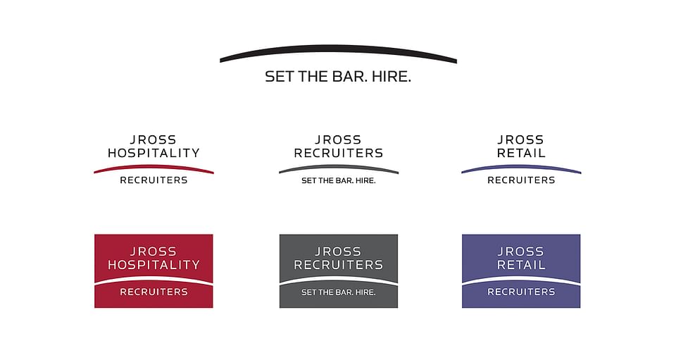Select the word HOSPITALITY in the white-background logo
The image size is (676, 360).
pyautogui.click(x=154, y=153)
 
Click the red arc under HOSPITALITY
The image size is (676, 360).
pyautogui.click(x=154, y=167)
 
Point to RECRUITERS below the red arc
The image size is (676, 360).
pyautogui.click(x=154, y=180)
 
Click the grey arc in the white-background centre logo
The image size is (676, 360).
pyautogui.click(x=339, y=167)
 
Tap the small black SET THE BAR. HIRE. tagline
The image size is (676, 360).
pyautogui.click(x=339, y=180)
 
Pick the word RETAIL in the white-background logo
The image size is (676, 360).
pyautogui.click(x=521, y=153)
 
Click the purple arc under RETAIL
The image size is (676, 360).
pyautogui.click(x=521, y=167)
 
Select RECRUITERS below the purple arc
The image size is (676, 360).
pyautogui.click(x=521, y=180)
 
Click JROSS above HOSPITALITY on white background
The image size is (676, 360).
pyautogui.click(x=154, y=139)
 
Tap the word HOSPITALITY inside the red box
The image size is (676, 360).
pyautogui.click(x=154, y=265)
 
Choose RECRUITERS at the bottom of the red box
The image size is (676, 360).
pyautogui.click(x=154, y=292)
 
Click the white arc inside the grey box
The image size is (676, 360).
pyautogui.click(x=339, y=279)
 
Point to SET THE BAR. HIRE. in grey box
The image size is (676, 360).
pyautogui.click(x=339, y=292)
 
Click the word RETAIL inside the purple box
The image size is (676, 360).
pyautogui.click(x=521, y=265)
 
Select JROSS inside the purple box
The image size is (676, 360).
pyautogui.click(x=521, y=252)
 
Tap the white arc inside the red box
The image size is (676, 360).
pyautogui.click(x=154, y=279)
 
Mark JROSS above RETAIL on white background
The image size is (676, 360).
pyautogui.click(x=521, y=139)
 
